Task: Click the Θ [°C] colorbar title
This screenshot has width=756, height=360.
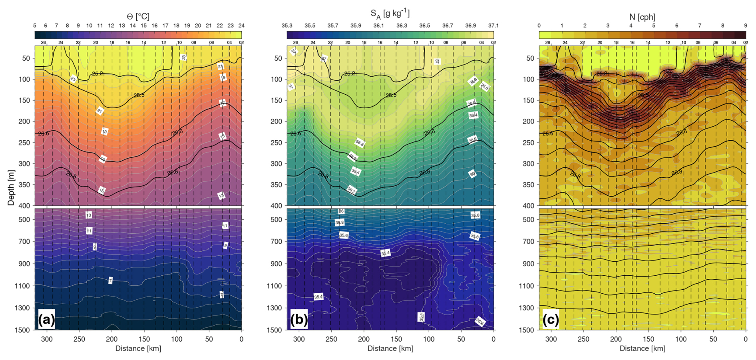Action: (x=138, y=16)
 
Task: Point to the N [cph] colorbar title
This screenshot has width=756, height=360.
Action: (x=642, y=17)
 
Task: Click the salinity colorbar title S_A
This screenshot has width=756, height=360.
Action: (x=390, y=14)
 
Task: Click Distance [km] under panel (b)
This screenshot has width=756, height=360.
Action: (x=390, y=348)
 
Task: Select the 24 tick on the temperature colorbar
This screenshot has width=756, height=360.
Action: (x=241, y=26)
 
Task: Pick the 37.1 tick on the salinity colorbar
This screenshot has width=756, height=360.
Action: (x=493, y=26)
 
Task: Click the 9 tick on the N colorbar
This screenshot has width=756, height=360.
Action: (x=745, y=26)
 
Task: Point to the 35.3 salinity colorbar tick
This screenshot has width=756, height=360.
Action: (x=287, y=26)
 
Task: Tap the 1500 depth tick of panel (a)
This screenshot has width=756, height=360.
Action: (x=24, y=330)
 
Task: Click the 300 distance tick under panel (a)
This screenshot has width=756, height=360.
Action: (x=47, y=339)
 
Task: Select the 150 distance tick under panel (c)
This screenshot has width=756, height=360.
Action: (x=648, y=339)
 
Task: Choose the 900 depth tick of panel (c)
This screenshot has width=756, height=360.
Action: (x=528, y=264)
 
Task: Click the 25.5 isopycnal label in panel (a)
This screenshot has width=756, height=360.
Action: (x=139, y=95)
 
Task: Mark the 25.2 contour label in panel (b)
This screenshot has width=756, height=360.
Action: (x=350, y=74)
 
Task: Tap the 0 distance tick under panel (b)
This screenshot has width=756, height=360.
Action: (x=493, y=339)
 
